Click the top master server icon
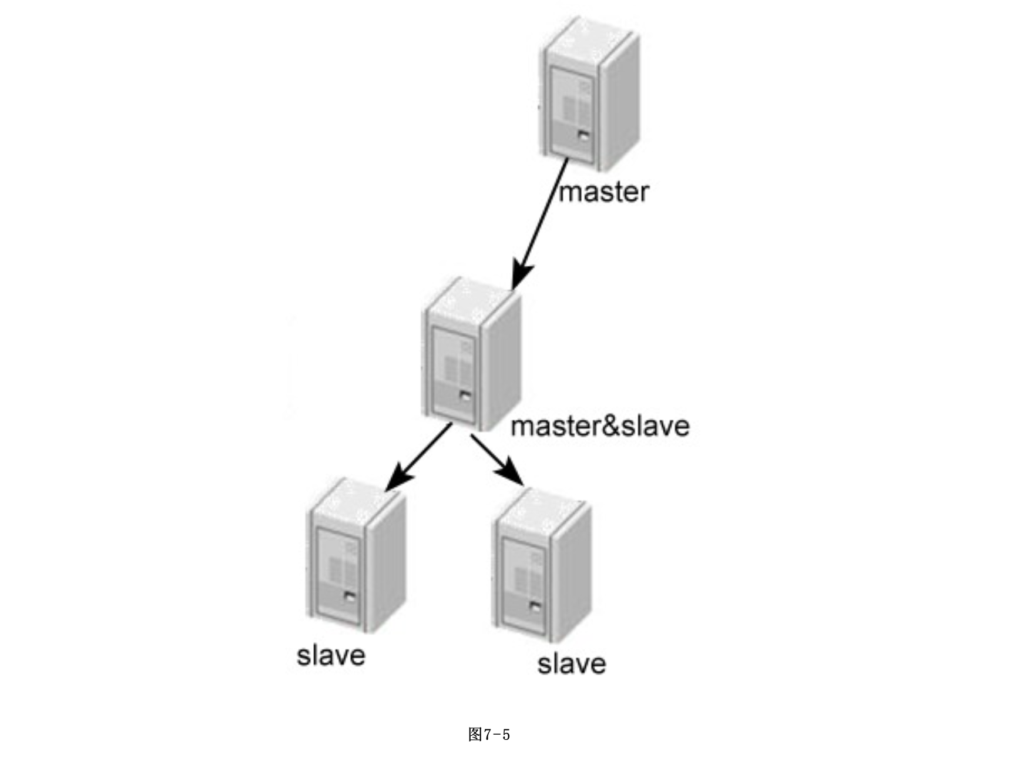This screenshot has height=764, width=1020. point(589,94)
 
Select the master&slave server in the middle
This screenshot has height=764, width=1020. point(471,354)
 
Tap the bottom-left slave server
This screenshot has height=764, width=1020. point(356,555)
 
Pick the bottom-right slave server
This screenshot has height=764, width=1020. point(541,565)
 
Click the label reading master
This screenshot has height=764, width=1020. point(603,192)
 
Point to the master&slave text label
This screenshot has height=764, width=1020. point(600,426)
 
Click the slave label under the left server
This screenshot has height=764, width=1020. point(331,656)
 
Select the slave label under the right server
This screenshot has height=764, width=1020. point(571,664)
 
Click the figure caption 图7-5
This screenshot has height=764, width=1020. point(489,734)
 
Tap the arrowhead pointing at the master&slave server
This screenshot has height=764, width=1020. point(520,274)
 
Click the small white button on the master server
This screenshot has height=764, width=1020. point(583,136)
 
